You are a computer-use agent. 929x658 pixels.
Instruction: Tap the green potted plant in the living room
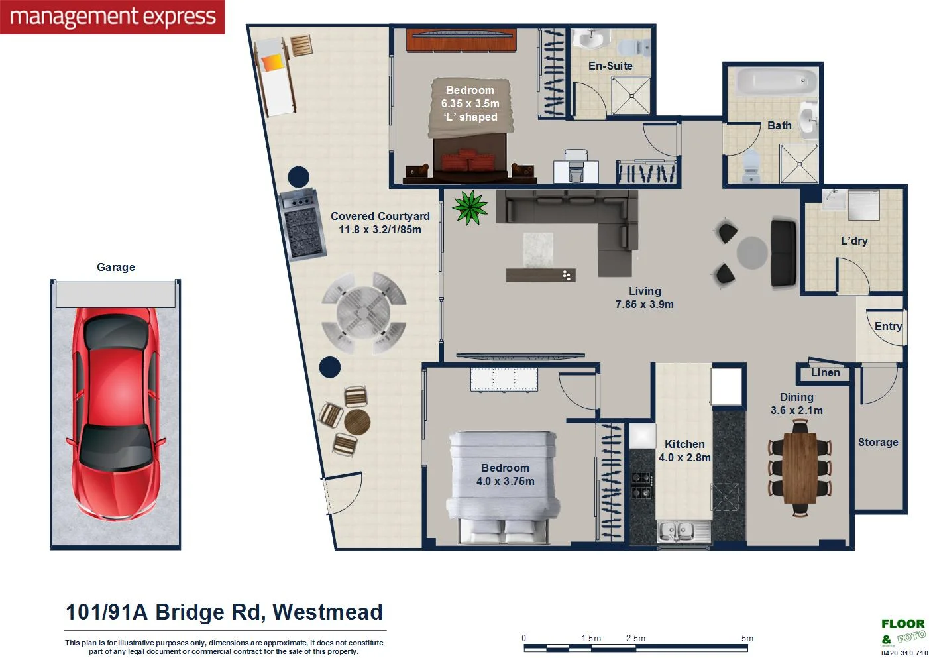[x=470, y=207]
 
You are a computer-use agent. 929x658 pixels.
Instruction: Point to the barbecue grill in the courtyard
[x=303, y=225]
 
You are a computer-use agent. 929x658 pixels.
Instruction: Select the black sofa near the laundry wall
[x=784, y=252]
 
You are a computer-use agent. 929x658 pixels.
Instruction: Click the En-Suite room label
[x=610, y=66]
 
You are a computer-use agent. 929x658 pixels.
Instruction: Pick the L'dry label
[x=854, y=241]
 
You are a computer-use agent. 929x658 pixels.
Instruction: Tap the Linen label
[x=825, y=373]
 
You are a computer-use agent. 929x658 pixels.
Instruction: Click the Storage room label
[x=878, y=442]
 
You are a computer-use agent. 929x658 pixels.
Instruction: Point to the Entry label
[x=888, y=326]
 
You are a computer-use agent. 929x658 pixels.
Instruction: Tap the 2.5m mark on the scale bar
[x=635, y=639]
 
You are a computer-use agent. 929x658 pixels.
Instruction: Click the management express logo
[x=113, y=17]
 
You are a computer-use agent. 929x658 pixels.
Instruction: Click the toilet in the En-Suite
[x=639, y=46]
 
